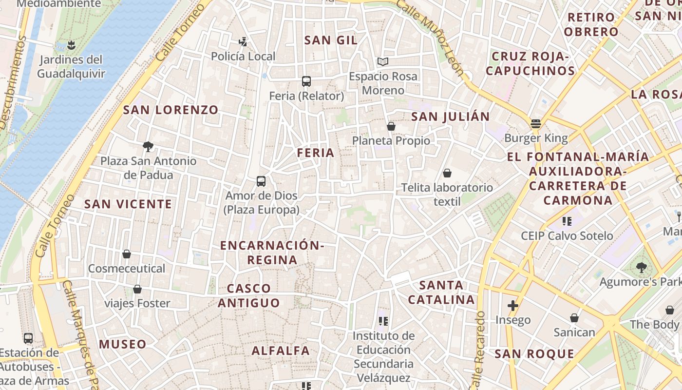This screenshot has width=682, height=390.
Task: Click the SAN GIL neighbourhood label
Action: (x=331, y=40)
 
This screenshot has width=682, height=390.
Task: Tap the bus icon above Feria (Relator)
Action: (x=306, y=81)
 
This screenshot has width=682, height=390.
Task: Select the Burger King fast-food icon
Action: (x=536, y=124)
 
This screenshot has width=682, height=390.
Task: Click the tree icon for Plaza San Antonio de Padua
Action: (x=148, y=146)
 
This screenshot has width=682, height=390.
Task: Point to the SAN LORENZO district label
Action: (x=170, y=110)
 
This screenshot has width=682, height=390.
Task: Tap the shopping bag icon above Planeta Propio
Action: (x=391, y=127)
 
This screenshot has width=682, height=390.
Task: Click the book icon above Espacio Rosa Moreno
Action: (x=383, y=62)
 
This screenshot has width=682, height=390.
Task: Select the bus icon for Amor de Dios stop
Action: (x=261, y=181)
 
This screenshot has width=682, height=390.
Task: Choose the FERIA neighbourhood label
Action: (x=316, y=153)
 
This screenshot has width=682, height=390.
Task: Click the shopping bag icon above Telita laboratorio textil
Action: (x=447, y=173)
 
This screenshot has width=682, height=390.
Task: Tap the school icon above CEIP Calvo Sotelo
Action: (x=567, y=221)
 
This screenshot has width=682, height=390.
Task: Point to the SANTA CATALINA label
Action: (x=441, y=292)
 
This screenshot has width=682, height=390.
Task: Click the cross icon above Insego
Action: (x=512, y=306)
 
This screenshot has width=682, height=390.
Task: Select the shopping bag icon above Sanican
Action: (x=574, y=318)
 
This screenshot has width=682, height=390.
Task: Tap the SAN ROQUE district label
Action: (x=534, y=354)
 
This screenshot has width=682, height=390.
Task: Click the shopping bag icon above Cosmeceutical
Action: (x=127, y=254)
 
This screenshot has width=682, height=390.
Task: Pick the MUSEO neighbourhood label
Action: (x=123, y=344)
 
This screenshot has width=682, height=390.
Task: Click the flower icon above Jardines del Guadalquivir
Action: (x=71, y=45)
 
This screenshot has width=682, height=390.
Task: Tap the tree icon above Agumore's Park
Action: (x=641, y=267)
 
